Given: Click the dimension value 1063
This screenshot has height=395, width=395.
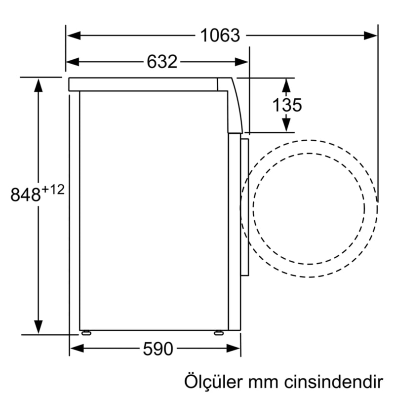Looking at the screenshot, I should pyautogui.click(x=220, y=36).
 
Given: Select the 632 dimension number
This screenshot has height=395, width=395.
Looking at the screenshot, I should pyautogui.click(x=161, y=62).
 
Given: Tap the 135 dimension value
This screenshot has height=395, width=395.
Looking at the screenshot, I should pyautogui.click(x=287, y=105).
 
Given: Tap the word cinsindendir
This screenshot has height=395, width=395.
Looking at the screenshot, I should pyautogui.click(x=337, y=382).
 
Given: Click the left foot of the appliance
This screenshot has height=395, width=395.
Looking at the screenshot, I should pyautogui.click(x=86, y=332).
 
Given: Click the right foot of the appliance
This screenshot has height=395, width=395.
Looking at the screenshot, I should pyautogui.click(x=218, y=332).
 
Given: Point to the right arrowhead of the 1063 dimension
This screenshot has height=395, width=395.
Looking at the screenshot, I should pyautogui.click(x=371, y=36).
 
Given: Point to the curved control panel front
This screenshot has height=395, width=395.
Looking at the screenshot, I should pyautogui.click(x=235, y=106).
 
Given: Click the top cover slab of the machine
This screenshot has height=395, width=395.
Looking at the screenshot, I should pyautogui.click(x=143, y=84).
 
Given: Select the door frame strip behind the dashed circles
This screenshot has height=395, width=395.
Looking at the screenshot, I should pyautogui.click(x=245, y=207).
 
